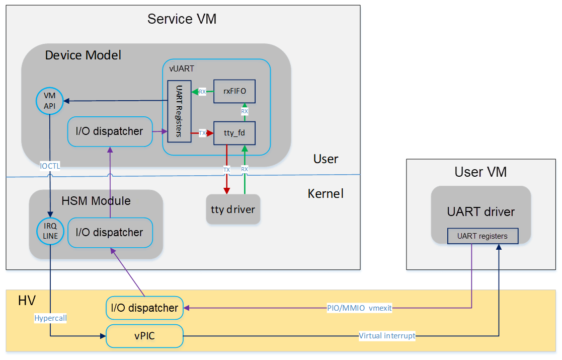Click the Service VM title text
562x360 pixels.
click(182, 19)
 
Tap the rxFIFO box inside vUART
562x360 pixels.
click(234, 92)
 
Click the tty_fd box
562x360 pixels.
click(234, 133)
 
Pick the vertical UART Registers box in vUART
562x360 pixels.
click(179, 111)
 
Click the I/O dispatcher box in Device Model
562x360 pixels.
click(110, 132)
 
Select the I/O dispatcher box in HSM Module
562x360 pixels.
click(110, 233)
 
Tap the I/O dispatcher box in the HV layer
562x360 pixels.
click(144, 308)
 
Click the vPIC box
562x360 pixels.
click(144, 336)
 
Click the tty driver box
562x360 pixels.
click(233, 209)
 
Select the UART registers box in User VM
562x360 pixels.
click(482, 236)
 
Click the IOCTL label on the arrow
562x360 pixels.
click(50, 166)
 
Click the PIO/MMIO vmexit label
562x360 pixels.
click(359, 308)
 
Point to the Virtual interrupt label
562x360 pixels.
click(387, 336)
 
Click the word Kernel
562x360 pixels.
click(326, 193)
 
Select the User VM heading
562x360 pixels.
click(480, 172)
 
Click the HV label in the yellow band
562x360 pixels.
click(27, 301)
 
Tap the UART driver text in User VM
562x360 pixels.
click(480, 212)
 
